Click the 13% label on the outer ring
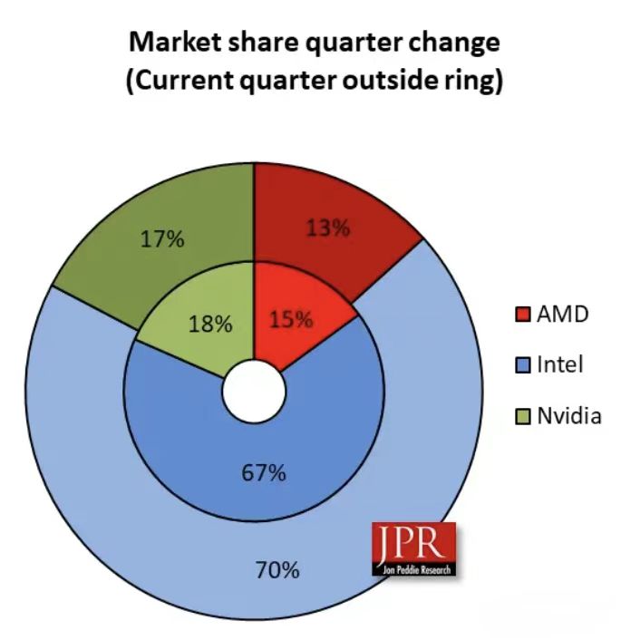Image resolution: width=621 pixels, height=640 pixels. pyautogui.click(x=327, y=228)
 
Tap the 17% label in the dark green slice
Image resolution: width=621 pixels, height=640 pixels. pyautogui.click(x=162, y=239)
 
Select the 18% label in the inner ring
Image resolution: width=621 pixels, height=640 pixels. pyautogui.click(x=209, y=324)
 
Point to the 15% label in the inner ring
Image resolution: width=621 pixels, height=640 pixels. pyautogui.click(x=290, y=319)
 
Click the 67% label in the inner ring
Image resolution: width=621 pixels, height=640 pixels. pyautogui.click(x=264, y=472)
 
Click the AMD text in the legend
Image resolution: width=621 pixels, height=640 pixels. pyautogui.click(x=562, y=315)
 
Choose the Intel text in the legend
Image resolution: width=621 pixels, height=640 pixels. pyautogui.click(x=559, y=366)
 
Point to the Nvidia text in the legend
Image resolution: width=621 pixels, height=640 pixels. pyautogui.click(x=568, y=417)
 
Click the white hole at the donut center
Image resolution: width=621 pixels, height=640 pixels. pyautogui.click(x=254, y=392)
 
